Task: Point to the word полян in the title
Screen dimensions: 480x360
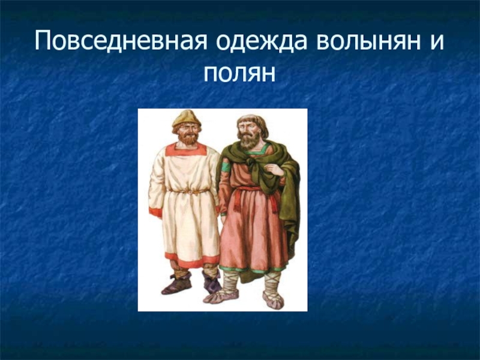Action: [x=239, y=73]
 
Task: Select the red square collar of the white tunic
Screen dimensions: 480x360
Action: [x=186, y=149]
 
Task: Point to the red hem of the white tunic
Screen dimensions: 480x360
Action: [x=192, y=260]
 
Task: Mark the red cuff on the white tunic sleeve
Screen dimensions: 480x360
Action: [x=155, y=212]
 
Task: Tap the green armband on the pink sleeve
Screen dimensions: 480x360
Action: [x=226, y=167]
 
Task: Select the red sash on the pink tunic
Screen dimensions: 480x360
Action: [x=256, y=196]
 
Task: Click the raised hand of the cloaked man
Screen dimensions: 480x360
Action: [x=275, y=169]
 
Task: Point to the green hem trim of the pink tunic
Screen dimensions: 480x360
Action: [x=253, y=269]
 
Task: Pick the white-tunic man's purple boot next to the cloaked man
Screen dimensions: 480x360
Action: [x=212, y=282]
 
